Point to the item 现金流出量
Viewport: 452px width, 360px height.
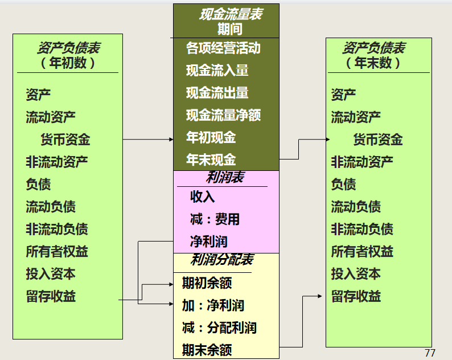(x=217, y=93)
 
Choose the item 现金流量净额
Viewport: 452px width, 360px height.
(x=223, y=115)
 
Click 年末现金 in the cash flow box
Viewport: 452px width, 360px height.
(x=211, y=160)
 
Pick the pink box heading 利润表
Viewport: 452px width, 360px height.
(x=225, y=177)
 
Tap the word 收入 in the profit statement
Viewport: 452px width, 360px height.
(x=202, y=197)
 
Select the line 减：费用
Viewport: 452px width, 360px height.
(x=215, y=219)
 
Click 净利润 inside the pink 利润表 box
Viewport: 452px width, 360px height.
(x=208, y=242)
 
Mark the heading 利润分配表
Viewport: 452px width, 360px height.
(x=221, y=260)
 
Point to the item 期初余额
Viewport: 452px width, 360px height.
(x=207, y=283)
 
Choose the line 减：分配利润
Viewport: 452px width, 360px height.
(x=219, y=328)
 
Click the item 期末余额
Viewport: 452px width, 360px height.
(x=207, y=349)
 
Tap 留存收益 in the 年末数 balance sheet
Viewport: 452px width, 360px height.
(x=356, y=296)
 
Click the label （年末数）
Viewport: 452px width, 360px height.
(x=373, y=63)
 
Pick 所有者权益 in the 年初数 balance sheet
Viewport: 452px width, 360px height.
(x=56, y=251)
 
